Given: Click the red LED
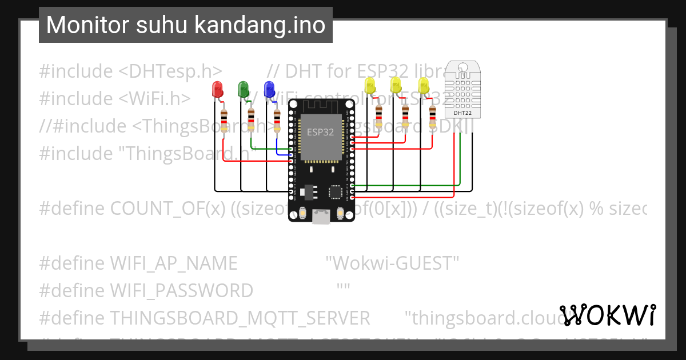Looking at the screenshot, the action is (217, 89).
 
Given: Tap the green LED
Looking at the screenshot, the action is (244, 89).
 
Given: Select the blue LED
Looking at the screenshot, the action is (269, 89).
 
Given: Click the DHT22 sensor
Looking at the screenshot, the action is (462, 89).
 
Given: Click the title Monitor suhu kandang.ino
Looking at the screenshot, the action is (185, 25).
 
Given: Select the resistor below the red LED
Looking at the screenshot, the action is (224, 121).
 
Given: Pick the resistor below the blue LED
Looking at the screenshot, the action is (277, 121).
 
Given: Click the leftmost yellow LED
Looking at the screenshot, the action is (369, 86).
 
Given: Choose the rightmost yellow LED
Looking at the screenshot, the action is (424, 86).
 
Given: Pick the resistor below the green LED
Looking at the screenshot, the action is (251, 121).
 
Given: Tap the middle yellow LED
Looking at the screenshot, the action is (396, 86).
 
